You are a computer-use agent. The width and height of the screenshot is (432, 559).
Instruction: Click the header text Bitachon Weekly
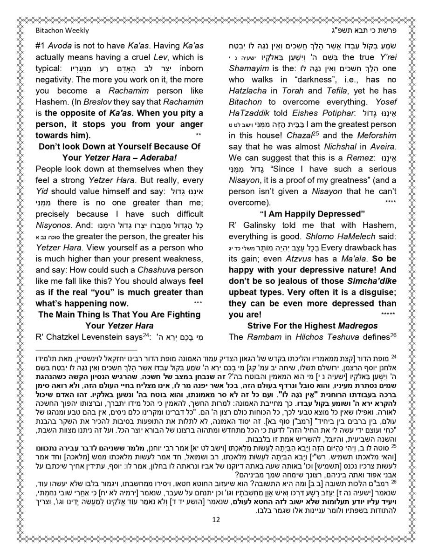pyautogui.click(x=62, y=30)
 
